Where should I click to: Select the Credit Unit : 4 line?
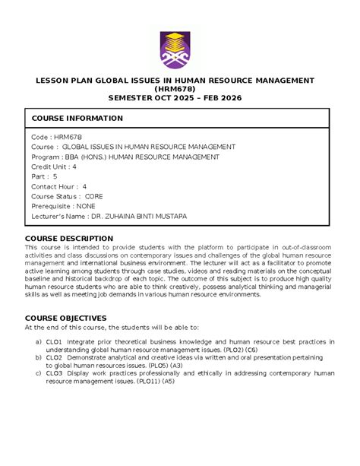[53, 166]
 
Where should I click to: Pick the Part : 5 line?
[44, 176]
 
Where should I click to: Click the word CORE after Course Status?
[94, 196]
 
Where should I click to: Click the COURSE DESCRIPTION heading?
[69, 238]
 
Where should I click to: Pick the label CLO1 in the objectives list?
[54, 342]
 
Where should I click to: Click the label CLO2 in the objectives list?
[54, 357]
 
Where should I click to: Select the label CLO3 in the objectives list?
[54, 372]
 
